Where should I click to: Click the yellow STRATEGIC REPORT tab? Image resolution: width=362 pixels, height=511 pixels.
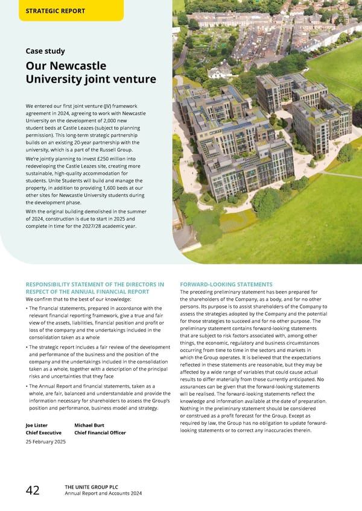click(x=56, y=11)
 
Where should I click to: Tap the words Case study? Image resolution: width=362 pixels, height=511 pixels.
click(x=45, y=51)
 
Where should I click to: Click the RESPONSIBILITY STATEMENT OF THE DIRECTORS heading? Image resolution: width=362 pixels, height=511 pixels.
click(x=94, y=284)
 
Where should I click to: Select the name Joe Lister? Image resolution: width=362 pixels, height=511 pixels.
click(x=39, y=425)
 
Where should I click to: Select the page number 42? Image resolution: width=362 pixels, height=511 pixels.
click(x=33, y=490)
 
